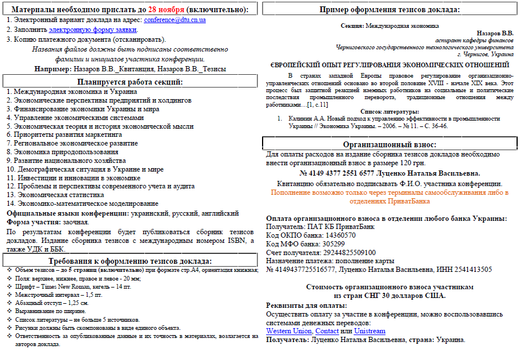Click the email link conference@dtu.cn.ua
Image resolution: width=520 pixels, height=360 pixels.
click(174, 20)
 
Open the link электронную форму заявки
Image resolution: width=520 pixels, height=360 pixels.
click(93, 30)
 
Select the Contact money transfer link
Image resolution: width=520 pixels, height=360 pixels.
click(327, 331)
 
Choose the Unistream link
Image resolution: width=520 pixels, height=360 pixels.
click(369, 331)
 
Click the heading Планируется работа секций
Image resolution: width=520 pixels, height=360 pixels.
click(130, 82)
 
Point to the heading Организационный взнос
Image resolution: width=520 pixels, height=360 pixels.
click(390, 144)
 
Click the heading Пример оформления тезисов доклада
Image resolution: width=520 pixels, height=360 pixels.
click(390, 9)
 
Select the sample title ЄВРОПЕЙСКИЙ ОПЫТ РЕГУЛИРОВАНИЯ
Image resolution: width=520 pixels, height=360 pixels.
click(390, 66)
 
